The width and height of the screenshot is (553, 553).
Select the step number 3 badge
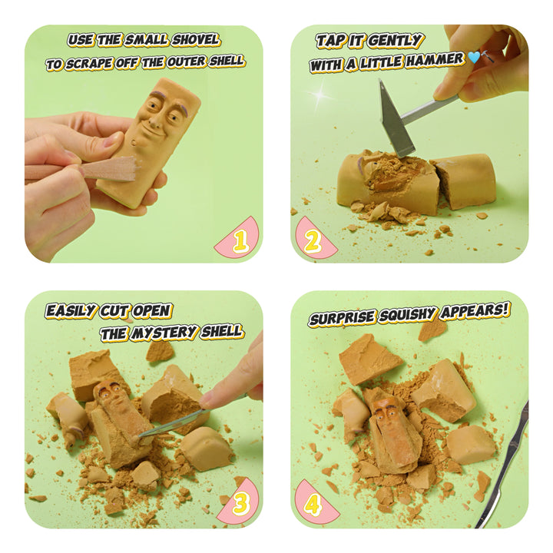240,504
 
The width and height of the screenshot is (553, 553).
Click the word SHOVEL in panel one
196,40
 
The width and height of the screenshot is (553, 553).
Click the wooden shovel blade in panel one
109,168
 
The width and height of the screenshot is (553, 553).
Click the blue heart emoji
474,58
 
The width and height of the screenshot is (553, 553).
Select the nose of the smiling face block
154,121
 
